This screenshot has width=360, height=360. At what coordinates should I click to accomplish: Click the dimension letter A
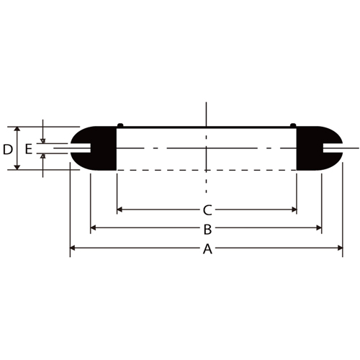[207, 248]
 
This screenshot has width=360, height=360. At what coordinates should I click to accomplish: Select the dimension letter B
[207, 229]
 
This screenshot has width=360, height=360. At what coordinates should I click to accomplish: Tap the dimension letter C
[207, 210]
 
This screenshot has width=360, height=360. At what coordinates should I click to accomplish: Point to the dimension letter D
[8, 150]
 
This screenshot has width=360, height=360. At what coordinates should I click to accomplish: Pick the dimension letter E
[29, 149]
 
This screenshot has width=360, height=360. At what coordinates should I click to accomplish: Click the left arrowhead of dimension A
[72, 248]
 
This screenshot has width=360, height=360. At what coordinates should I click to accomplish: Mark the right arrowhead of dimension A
[340, 248]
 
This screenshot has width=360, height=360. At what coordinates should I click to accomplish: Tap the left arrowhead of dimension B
[93, 228]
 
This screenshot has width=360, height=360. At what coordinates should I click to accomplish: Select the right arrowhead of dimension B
[319, 228]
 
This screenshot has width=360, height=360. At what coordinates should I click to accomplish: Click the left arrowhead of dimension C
[120, 210]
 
